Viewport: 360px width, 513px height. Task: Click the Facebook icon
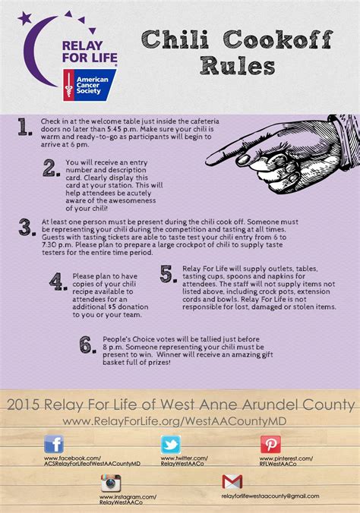(x=53, y=445)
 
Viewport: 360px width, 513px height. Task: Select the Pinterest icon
(x=270, y=445)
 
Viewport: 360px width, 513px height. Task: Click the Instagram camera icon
(x=111, y=483)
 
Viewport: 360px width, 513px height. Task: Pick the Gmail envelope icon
(x=232, y=482)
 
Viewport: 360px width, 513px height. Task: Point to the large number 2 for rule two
(x=50, y=168)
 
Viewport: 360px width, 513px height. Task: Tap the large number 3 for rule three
(x=26, y=228)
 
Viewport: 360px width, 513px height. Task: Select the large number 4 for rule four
(x=57, y=282)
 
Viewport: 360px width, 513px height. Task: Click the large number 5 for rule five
(x=167, y=274)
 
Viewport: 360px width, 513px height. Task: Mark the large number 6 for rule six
(x=88, y=345)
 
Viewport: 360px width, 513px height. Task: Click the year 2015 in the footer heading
(x=24, y=403)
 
